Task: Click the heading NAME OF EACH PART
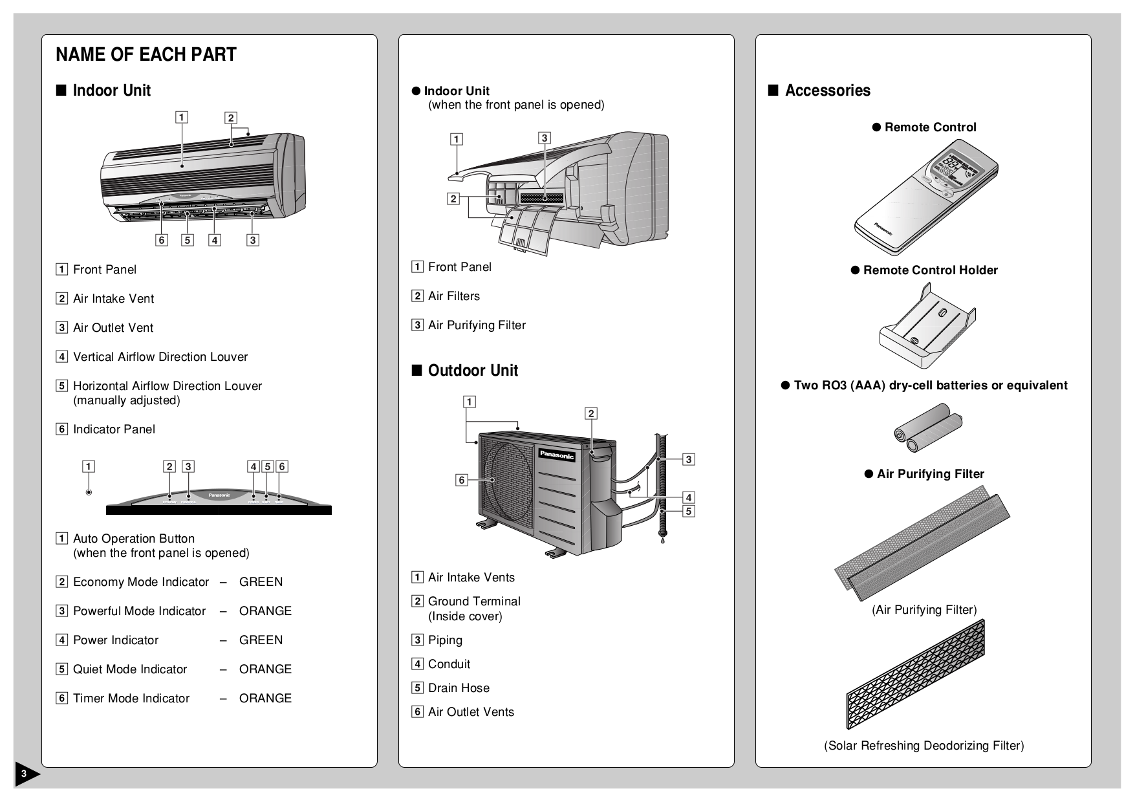[x=146, y=55]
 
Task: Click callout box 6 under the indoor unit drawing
[x=162, y=240]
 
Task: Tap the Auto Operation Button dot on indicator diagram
[x=89, y=493]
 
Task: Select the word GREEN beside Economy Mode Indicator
[x=261, y=582]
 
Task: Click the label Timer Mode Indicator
[x=131, y=699]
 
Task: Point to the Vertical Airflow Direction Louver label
[x=160, y=357]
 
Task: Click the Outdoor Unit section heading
[x=472, y=371]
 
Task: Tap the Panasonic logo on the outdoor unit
[x=557, y=455]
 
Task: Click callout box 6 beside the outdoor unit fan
[x=461, y=480]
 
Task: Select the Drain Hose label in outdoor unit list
[x=459, y=688]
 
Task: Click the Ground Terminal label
[x=474, y=601]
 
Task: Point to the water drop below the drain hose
[x=662, y=542]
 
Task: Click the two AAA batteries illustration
[x=928, y=428]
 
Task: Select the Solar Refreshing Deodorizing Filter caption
[x=924, y=746]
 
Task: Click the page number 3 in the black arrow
[x=23, y=774]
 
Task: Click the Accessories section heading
[x=827, y=91]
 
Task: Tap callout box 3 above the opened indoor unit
[x=545, y=138]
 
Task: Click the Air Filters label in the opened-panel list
[x=454, y=296]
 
